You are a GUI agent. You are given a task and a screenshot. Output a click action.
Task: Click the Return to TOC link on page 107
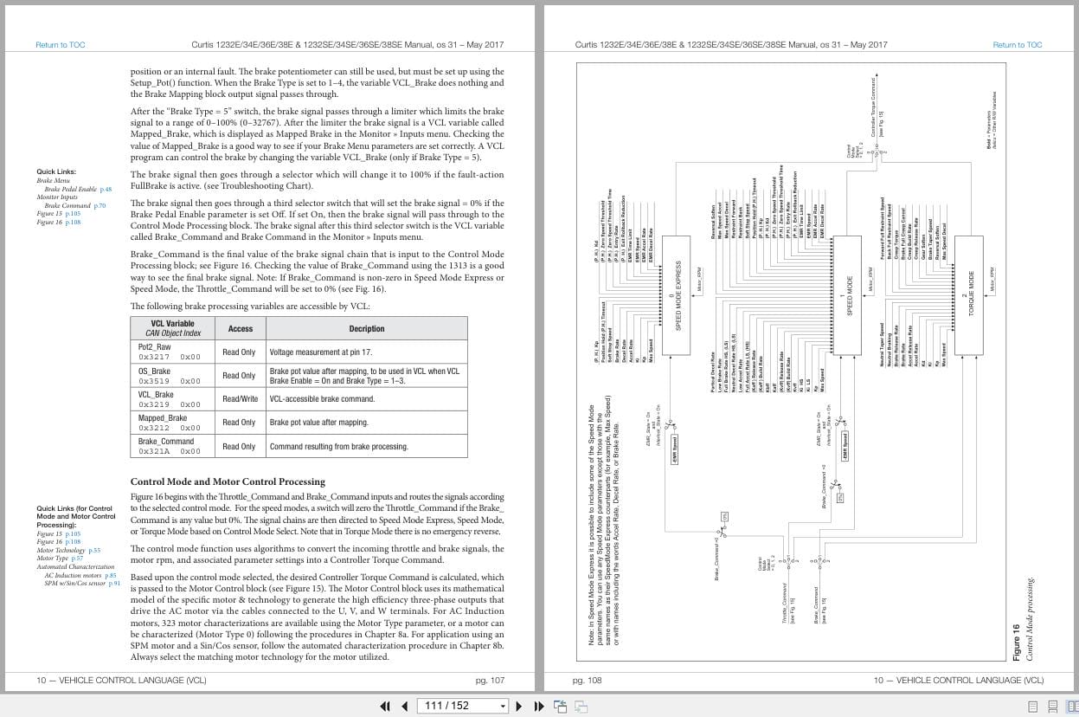[61, 45]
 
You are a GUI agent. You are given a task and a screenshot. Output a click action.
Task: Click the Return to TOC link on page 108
[1017, 45]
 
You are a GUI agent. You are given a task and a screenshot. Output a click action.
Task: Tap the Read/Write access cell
[239, 398]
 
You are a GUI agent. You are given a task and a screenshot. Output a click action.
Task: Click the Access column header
[240, 329]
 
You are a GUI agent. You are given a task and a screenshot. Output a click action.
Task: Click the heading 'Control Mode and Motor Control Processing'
[228, 481]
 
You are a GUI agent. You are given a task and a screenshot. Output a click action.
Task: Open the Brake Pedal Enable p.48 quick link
[78, 189]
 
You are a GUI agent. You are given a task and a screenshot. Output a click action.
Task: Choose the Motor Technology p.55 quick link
[68, 551]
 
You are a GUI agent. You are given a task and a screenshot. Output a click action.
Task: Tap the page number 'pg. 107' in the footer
[490, 681]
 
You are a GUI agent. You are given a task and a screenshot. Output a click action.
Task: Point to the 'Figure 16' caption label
[1018, 642]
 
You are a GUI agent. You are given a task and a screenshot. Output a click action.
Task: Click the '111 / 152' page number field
[459, 706]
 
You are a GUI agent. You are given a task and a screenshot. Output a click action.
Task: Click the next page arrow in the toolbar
[518, 706]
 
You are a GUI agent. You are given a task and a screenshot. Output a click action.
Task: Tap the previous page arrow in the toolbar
[403, 706]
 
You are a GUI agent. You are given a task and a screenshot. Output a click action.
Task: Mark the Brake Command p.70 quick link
[74, 206]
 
